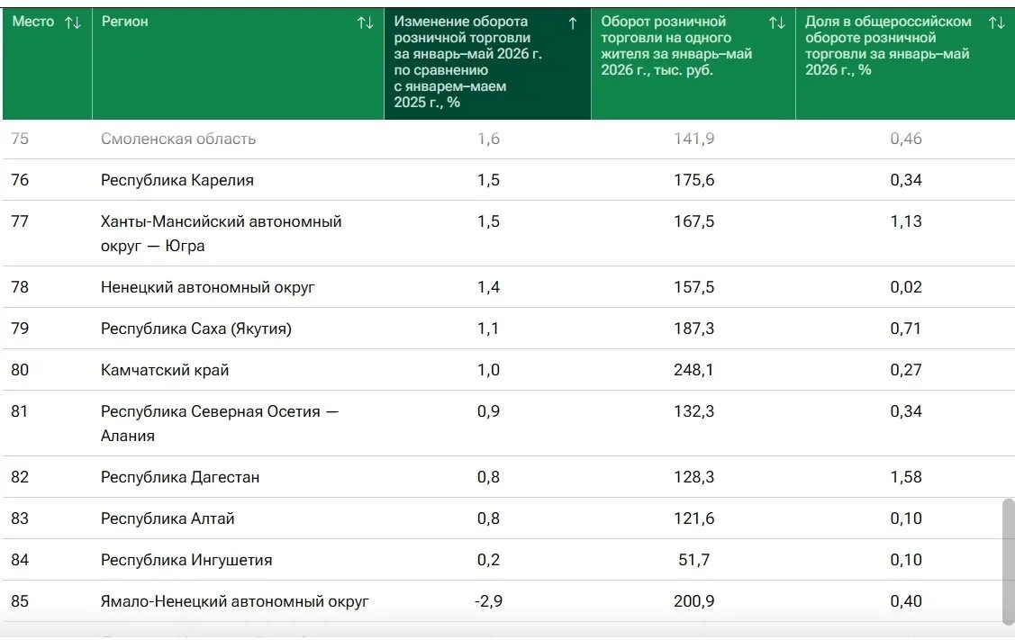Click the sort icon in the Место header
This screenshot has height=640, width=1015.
pos(72,23)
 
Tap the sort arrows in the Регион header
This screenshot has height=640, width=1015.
pos(365,23)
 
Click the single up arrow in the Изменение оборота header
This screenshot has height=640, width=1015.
pos(572,23)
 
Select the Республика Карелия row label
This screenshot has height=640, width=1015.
pos(177,180)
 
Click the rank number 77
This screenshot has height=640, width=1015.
pos(20,221)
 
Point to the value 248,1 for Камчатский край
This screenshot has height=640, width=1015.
pos(693,370)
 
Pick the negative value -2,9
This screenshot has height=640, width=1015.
pos(488,601)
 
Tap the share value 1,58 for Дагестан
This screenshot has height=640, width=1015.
pos(906,477)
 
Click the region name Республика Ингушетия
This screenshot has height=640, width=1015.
pos(186,560)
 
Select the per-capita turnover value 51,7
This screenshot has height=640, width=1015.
pos(693,560)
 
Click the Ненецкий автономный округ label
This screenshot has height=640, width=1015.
pos(208,287)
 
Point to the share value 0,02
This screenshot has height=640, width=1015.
pos(906,287)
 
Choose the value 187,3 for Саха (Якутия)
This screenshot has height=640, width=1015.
pos(693,329)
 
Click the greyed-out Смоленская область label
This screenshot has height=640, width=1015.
pos(178,139)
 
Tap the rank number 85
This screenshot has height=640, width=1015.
pos(20,601)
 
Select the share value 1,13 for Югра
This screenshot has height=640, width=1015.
pos(906,221)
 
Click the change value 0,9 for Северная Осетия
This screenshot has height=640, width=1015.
pos(488,411)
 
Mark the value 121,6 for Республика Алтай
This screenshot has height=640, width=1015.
pos(693,518)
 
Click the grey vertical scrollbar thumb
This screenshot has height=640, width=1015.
pos(1009,561)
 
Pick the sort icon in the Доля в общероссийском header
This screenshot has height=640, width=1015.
pos(996,23)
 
